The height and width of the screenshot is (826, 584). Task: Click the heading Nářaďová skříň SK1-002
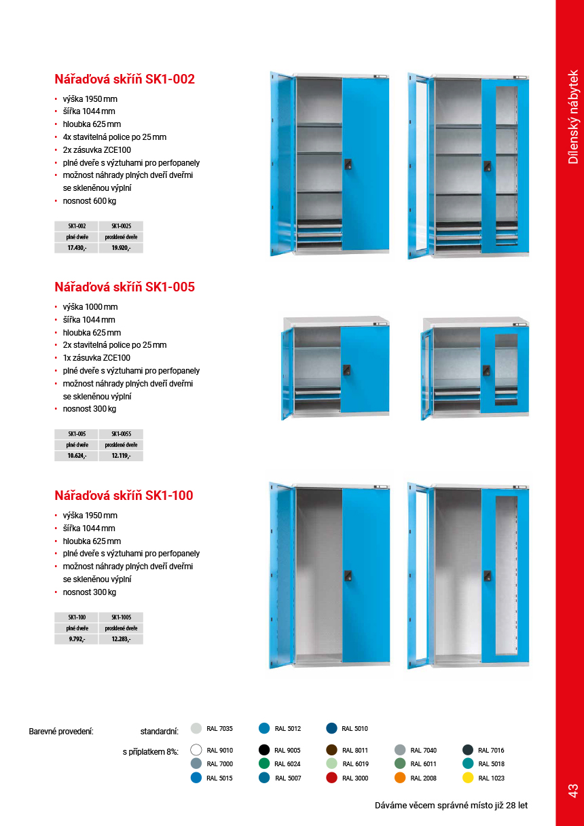[124, 79]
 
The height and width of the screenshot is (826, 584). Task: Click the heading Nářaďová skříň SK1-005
[124, 287]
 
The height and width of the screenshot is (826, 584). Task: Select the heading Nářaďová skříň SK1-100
[124, 496]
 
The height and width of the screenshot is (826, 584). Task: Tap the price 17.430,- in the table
[76, 248]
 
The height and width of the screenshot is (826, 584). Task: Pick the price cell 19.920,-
[121, 248]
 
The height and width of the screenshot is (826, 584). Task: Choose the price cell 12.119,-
[121, 456]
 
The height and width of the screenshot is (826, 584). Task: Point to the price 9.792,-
[76, 639]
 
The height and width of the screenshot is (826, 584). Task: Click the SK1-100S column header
[121, 617]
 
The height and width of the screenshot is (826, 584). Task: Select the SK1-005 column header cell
[76, 433]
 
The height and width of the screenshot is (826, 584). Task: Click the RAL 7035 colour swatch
[196, 728]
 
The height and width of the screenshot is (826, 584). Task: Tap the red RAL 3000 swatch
[331, 778]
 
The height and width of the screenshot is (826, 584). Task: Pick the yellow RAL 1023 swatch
[468, 778]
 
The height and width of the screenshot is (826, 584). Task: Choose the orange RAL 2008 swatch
[400, 778]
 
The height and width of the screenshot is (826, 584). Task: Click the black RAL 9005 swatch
[264, 750]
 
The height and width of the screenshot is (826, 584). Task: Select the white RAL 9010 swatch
[196, 750]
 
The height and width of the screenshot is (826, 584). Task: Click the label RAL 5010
[354, 729]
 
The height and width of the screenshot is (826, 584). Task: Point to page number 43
[572, 790]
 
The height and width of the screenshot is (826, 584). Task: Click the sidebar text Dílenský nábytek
[573, 117]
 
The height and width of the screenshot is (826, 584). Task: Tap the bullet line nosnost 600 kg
[90, 201]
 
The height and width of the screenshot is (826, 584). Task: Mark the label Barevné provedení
[61, 732]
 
